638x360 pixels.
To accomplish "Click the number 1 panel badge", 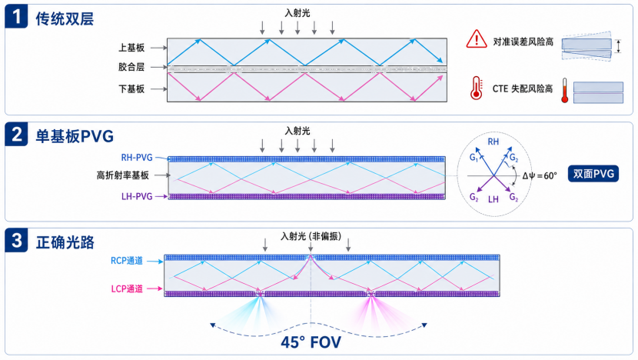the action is [x=16, y=16].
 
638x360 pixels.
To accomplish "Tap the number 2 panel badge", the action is [x=16, y=134].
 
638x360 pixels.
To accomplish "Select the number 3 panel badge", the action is [x=16, y=240].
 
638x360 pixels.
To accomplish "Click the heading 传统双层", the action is [x=65, y=18].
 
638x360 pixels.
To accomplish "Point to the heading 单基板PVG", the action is [x=75, y=136].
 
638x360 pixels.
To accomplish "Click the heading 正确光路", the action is [x=65, y=242].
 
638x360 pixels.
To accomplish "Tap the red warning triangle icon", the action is [x=477, y=38].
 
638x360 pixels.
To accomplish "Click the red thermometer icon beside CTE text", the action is [x=476, y=88].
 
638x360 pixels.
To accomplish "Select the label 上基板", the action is [x=131, y=48].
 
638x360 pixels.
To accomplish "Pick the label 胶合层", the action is [x=131, y=67].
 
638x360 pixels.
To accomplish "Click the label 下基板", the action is [x=131, y=88].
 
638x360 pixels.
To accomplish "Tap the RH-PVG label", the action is [x=137, y=158].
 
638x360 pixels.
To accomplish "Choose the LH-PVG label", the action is [x=137, y=196].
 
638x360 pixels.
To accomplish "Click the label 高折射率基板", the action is [x=123, y=175].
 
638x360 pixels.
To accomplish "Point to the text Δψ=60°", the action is [x=540, y=176].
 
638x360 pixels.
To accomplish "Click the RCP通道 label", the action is [x=127, y=261].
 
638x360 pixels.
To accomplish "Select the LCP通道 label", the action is [x=127, y=288].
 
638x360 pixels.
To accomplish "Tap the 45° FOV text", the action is [x=311, y=342].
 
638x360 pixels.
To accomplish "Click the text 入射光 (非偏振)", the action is [x=311, y=236].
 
